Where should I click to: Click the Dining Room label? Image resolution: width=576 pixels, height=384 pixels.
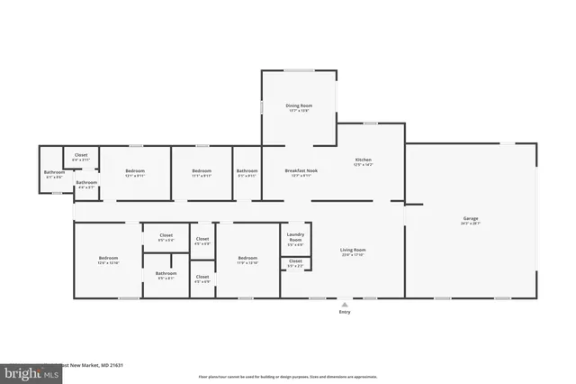click(x=299, y=106)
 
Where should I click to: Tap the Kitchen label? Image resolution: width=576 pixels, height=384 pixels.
click(x=363, y=160)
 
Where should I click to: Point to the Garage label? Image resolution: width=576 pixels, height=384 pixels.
click(x=470, y=218)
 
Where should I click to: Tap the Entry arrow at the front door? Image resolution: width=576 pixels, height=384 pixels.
click(x=344, y=304)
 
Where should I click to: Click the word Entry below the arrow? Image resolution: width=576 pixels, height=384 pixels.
click(x=344, y=312)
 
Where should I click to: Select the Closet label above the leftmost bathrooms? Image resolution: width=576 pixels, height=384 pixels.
click(x=81, y=155)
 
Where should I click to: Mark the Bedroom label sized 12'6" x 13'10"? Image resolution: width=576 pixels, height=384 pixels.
click(x=108, y=259)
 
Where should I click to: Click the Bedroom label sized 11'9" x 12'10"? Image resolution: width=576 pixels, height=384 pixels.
click(x=247, y=259)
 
